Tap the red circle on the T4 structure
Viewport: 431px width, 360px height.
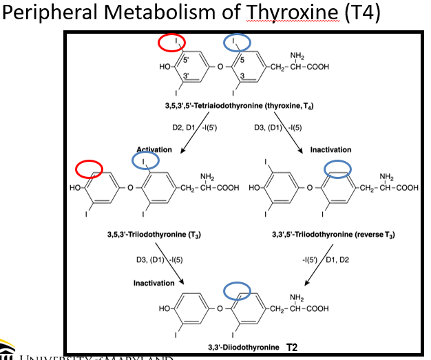pos(171,43)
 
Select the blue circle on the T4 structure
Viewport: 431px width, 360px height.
pos(238,43)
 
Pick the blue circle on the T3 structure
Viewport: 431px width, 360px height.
pos(145,161)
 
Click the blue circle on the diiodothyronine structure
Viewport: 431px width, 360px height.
pos(236,290)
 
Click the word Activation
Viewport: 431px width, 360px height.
pos(154,149)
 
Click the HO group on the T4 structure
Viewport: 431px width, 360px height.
pos(165,67)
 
